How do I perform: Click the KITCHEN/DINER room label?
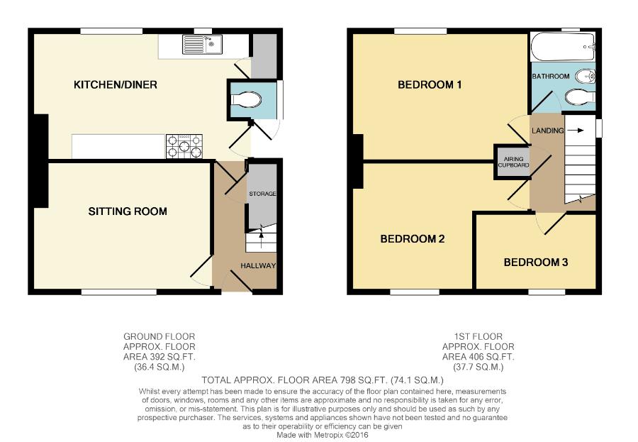tap(115, 84)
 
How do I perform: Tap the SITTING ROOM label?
tap(128, 211)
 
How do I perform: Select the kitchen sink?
tap(202, 45)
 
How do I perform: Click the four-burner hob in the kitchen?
tap(184, 146)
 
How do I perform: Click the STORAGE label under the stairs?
tap(262, 194)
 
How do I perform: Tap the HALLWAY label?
tap(258, 265)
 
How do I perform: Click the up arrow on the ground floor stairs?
tap(261, 235)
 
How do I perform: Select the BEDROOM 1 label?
tap(430, 84)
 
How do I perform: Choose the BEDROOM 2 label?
tap(412, 238)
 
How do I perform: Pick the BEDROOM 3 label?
tap(536, 262)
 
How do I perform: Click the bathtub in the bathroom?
tap(563, 48)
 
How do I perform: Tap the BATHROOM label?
tap(551, 76)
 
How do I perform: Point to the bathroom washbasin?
tap(586, 76)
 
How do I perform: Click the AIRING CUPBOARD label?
tap(513, 162)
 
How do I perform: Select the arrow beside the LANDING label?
tap(576, 131)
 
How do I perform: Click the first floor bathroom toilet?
tap(580, 97)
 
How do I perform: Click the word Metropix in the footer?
tap(328, 435)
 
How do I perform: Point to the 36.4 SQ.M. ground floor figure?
tap(159, 367)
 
